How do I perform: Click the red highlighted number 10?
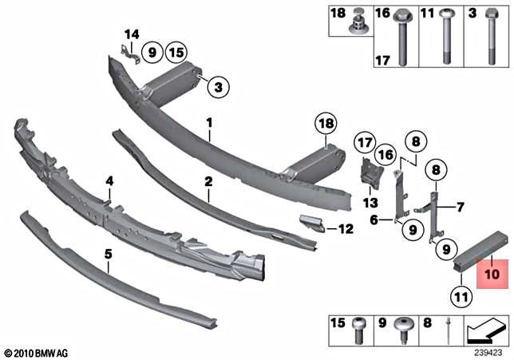tap(491, 273)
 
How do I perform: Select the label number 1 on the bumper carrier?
tap(209, 125)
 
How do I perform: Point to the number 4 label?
tap(109, 182)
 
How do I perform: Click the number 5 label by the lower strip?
tap(108, 255)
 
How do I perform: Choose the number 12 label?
tap(345, 228)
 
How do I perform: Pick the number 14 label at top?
tap(131, 34)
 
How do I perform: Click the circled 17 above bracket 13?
tap(365, 144)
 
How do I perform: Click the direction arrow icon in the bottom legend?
tap(485, 326)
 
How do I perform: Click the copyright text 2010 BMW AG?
tap(38, 352)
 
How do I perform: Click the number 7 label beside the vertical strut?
tap(460, 208)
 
